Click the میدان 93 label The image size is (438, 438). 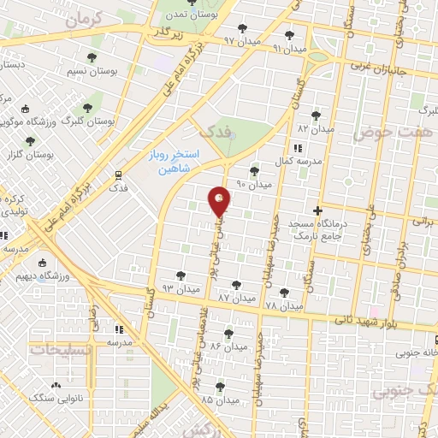(181, 289)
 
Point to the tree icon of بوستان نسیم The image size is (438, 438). (87, 108)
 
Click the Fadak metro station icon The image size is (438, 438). (118, 173)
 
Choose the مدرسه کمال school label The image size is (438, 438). (303, 162)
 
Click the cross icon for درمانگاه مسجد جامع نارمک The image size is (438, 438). (317, 210)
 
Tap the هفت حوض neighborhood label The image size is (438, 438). (405, 133)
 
